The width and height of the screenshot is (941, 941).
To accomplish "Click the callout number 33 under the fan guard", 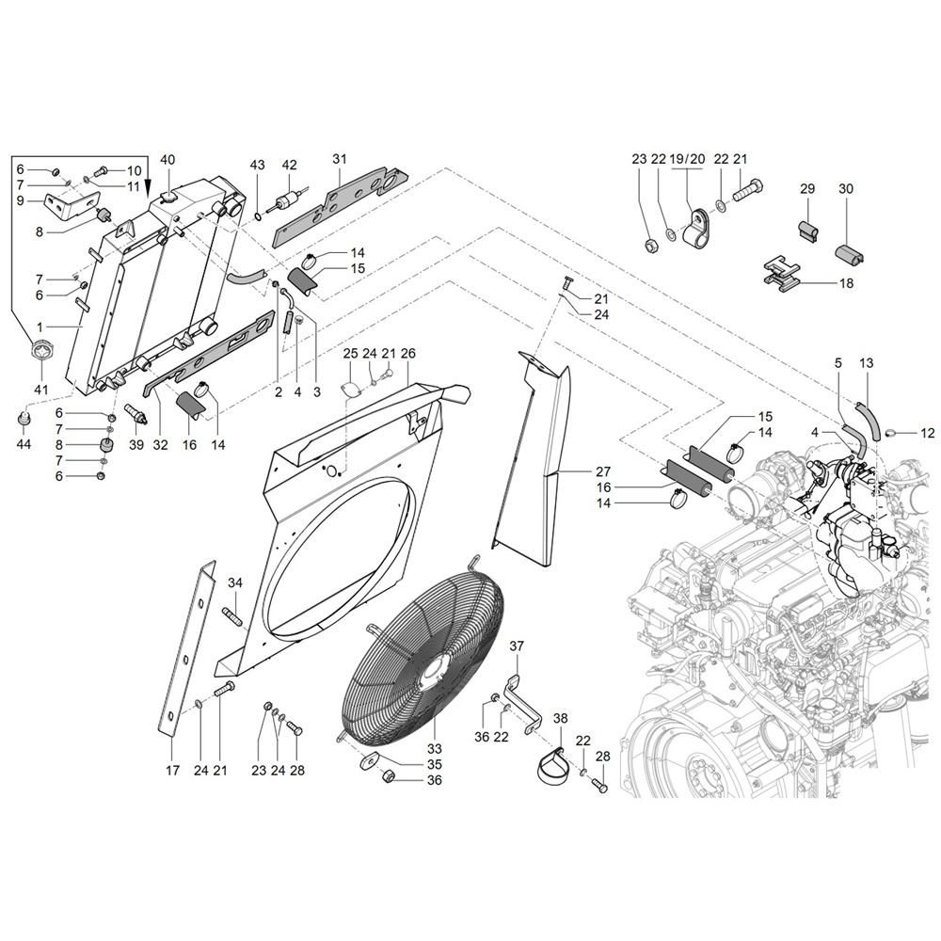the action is coord(434,748).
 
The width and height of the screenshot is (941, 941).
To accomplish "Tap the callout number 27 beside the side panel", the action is coord(603,471).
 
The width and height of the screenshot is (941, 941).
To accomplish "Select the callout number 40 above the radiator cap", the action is coord(168,160).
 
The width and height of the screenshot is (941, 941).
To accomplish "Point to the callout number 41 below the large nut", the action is coord(40,390).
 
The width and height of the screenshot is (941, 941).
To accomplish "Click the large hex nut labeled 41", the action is coord(40,350).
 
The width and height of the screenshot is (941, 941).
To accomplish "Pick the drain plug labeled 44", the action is coord(24,422).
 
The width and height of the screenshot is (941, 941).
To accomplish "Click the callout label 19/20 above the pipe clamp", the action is coord(687,159).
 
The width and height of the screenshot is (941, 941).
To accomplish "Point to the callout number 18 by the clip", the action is coord(846,282).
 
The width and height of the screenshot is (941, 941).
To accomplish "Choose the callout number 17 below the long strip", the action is coord(172,770).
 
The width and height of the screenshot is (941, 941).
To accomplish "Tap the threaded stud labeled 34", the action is coord(233,615).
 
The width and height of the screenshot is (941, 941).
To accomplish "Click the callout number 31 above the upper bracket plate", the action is coord(340,159).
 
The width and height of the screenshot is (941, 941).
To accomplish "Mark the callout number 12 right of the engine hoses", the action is coord(927,433).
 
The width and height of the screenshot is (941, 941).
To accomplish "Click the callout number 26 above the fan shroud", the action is coord(407,354).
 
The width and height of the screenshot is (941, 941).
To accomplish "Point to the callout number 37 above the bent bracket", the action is coord(517,646).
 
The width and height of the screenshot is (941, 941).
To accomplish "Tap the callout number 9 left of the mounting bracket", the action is coord(21,199).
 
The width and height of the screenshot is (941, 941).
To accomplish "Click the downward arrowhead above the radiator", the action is coord(148,186).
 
